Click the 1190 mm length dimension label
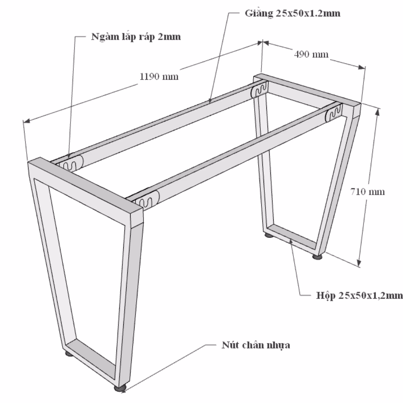(159, 77)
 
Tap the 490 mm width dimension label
(311, 54)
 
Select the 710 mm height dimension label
(368, 192)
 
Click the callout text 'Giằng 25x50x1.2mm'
(293, 13)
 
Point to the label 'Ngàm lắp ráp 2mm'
(136, 37)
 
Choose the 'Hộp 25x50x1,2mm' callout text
(359, 295)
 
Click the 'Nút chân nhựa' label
(256, 345)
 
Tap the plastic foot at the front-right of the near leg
(120, 388)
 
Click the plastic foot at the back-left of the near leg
(69, 353)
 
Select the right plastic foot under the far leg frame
(318, 256)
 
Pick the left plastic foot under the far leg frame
(269, 235)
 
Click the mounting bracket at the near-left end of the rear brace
(73, 164)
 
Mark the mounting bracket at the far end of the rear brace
(259, 90)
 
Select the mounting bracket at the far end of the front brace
(334, 113)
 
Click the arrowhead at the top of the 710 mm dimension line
(377, 112)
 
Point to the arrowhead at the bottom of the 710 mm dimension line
(359, 262)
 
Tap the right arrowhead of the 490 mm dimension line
(361, 67)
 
